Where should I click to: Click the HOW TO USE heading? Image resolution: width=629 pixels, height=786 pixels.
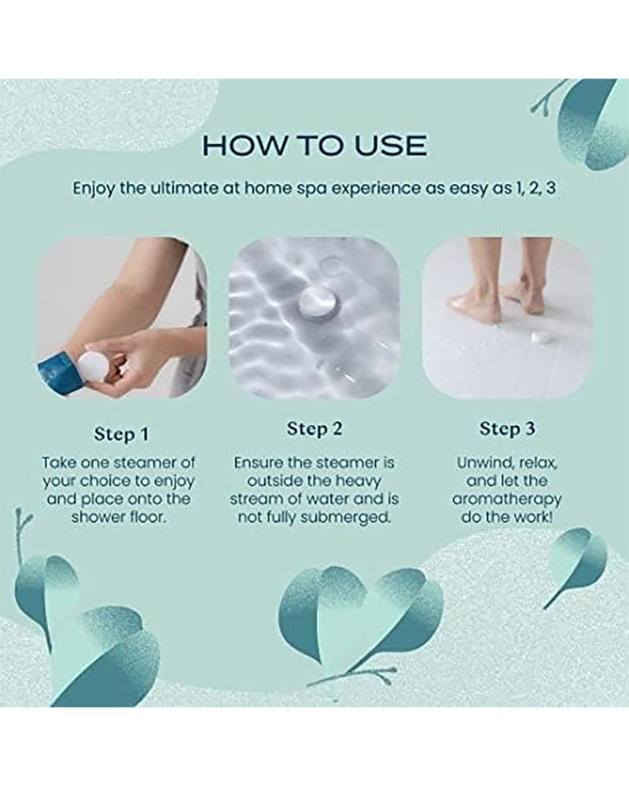314,145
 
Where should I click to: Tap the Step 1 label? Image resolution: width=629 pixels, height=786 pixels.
121,434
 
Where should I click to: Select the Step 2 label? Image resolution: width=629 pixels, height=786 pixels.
314,429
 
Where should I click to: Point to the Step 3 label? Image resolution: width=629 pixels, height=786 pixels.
507,429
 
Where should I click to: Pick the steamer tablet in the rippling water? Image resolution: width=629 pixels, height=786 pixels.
314,302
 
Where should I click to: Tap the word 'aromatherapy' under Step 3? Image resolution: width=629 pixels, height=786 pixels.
506,499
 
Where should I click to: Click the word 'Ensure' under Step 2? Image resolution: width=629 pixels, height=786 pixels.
259,462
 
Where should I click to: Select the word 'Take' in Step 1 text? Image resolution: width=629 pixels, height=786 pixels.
60,462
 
